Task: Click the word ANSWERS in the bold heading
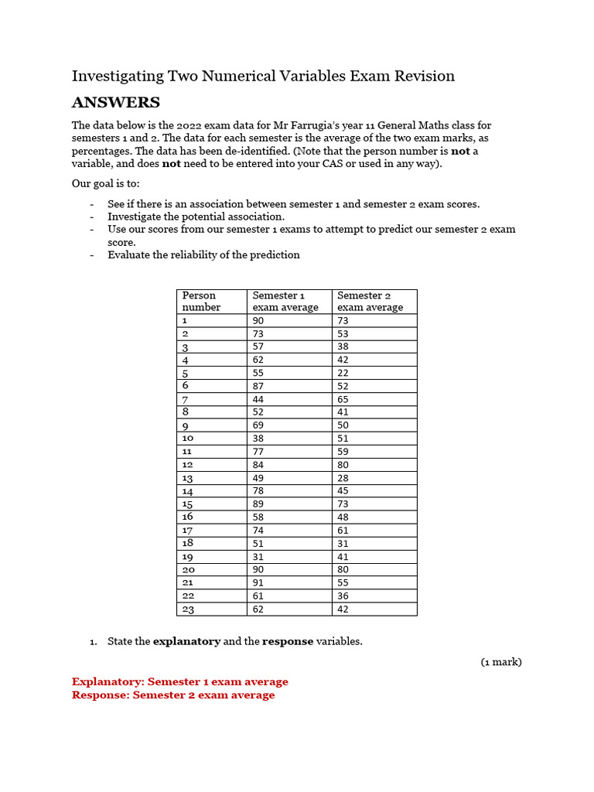pos(116,103)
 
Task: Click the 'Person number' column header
pos(200,301)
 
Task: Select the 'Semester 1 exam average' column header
pos(285,301)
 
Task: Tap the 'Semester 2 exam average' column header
pos(370,301)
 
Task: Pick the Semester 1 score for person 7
pos(258,399)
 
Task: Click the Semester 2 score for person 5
pos(343,373)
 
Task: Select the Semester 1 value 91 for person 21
pos(258,582)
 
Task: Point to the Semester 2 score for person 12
pos(343,465)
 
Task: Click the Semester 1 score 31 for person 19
pos(258,556)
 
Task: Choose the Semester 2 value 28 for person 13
pos(343,478)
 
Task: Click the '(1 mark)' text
pos(500,662)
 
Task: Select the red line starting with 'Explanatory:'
pos(179,681)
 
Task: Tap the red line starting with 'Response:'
pos(173,695)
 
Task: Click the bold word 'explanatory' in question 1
pos(186,641)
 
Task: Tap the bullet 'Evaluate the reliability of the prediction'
pos(203,254)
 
